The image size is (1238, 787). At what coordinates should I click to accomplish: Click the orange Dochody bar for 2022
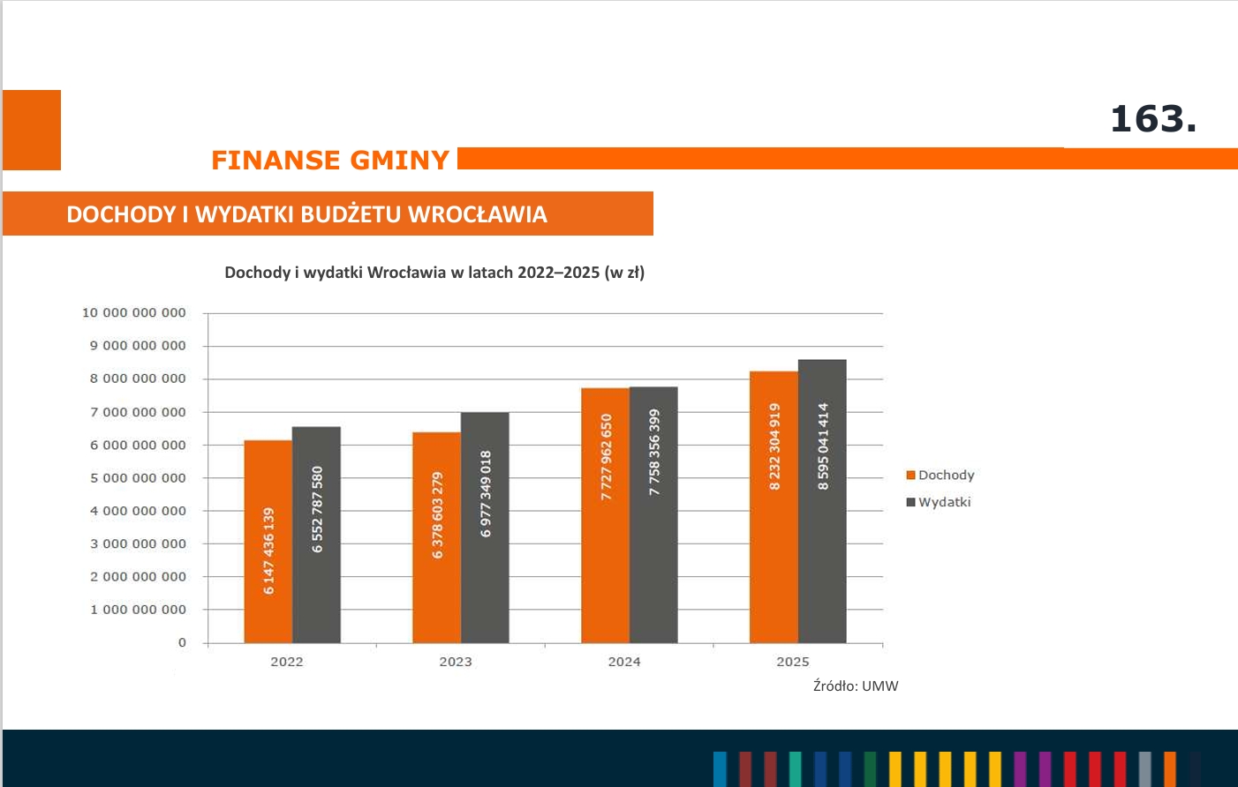click(268, 541)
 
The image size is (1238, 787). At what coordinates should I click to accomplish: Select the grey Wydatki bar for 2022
click(316, 535)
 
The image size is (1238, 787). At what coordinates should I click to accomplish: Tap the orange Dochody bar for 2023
click(437, 537)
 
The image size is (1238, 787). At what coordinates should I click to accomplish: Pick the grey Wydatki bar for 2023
click(485, 528)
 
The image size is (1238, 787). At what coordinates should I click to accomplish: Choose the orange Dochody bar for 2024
click(605, 515)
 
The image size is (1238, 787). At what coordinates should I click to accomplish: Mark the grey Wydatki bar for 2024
click(653, 514)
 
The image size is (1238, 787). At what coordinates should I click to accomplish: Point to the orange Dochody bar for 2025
click(774, 507)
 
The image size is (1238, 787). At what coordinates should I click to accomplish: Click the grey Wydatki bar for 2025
click(822, 501)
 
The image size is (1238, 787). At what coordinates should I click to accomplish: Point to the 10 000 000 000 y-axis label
click(134, 312)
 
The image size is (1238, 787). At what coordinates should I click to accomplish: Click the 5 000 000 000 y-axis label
click(138, 477)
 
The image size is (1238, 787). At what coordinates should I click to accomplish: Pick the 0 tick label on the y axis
click(182, 642)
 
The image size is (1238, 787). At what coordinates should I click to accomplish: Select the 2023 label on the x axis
click(456, 662)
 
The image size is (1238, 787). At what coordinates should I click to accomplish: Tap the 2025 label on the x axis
click(793, 662)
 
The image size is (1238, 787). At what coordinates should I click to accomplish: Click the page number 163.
click(1153, 119)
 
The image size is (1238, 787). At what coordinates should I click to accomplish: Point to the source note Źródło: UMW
click(856, 686)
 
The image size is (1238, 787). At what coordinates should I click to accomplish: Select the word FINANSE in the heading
click(276, 160)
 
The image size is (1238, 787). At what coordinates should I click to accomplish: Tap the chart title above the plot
click(434, 273)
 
